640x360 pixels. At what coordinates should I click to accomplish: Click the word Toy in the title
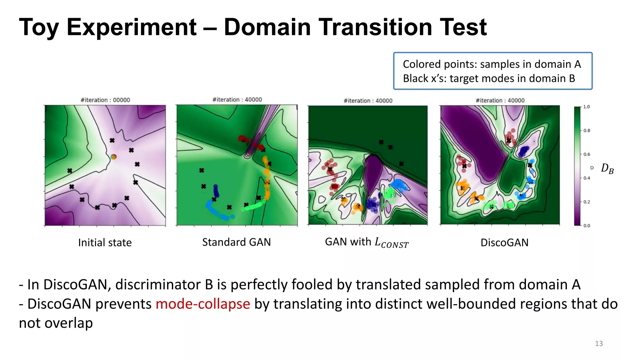[x=39, y=27]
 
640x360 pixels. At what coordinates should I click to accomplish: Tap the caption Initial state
[x=105, y=242]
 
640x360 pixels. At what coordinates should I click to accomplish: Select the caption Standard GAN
[x=236, y=242]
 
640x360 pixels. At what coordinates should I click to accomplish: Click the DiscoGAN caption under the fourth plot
[x=504, y=242]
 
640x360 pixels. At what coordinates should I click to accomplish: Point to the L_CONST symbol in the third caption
[x=391, y=243]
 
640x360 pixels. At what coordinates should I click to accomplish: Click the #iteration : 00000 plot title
[x=105, y=100]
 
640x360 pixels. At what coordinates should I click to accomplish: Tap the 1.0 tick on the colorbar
[x=586, y=107]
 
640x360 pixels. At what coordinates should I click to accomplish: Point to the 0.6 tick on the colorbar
[x=586, y=154]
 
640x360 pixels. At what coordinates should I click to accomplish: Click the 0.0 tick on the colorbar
[x=586, y=226]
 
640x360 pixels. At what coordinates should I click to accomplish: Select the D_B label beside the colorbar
[x=607, y=169]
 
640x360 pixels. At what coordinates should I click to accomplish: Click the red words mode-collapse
[x=203, y=304]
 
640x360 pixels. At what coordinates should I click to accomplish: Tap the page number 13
[x=598, y=343]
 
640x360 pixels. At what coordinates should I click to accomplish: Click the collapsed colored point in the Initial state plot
[x=113, y=157]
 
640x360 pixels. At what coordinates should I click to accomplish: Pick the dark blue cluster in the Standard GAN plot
[x=216, y=190]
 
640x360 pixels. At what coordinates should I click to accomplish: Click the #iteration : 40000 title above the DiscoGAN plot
[x=500, y=100]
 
